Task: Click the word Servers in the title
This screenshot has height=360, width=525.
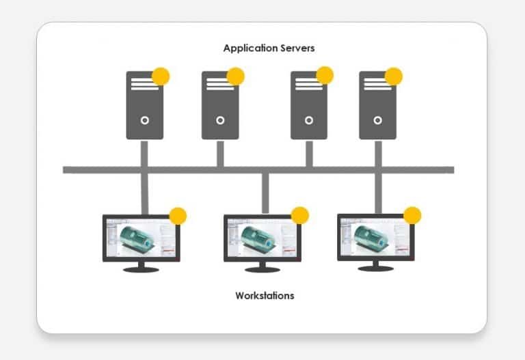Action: coord(297,49)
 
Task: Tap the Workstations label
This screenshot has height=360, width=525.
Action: coord(265,296)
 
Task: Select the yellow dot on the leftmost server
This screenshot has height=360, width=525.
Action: coord(161,77)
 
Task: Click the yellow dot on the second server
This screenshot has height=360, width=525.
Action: coord(236,77)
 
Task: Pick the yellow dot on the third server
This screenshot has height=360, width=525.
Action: coord(325,75)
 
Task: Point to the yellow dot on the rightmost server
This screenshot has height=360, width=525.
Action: coord(394,77)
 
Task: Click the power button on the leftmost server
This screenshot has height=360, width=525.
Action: coord(145,120)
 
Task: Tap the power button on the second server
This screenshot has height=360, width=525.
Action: coord(220,120)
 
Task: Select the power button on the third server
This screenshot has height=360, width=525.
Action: coord(309,120)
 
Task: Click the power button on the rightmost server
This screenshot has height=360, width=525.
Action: coord(377,120)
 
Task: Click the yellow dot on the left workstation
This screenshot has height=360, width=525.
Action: coord(178,216)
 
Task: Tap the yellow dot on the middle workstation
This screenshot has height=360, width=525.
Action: coord(299,215)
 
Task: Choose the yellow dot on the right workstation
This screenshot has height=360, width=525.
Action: coord(412,215)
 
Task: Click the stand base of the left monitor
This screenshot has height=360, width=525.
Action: coord(141,269)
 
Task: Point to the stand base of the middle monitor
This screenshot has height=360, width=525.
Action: coord(262,269)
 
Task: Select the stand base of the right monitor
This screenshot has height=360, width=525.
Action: coord(376,268)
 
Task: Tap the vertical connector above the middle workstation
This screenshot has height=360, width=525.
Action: coord(265,193)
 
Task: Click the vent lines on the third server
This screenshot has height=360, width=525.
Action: coord(309,84)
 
